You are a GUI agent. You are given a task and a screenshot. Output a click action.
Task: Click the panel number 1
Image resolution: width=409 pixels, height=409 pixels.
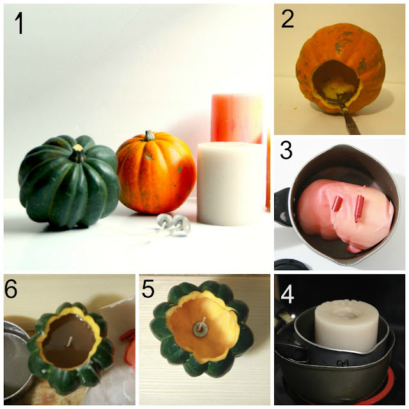[19, 24]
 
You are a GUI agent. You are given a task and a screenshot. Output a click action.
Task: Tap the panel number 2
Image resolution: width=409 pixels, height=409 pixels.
[288, 20]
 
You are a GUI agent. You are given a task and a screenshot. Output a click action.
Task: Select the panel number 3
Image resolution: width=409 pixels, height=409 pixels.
[286, 151]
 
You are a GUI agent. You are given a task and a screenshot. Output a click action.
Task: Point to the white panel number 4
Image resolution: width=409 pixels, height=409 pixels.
[287, 295]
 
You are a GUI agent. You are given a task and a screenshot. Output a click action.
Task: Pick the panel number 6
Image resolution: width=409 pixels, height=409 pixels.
[11, 289]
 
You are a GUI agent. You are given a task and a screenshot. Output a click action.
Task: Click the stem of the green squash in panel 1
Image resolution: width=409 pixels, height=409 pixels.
[77, 153]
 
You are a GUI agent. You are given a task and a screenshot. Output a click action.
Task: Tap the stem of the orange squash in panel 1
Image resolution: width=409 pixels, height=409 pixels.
[149, 135]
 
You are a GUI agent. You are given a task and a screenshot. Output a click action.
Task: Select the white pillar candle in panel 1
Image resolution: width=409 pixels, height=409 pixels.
[231, 183]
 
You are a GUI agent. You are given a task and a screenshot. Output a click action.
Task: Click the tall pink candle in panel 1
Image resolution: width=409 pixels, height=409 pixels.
[236, 119]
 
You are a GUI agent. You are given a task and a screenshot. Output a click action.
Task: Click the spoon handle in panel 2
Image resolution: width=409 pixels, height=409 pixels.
[350, 119]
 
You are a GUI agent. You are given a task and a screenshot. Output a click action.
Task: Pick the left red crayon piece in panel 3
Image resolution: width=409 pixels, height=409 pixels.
[336, 204]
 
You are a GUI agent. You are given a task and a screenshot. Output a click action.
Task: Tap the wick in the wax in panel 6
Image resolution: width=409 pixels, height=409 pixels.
[70, 341]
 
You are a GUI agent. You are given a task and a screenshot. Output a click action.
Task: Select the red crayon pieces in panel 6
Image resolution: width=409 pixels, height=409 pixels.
[128, 336]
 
